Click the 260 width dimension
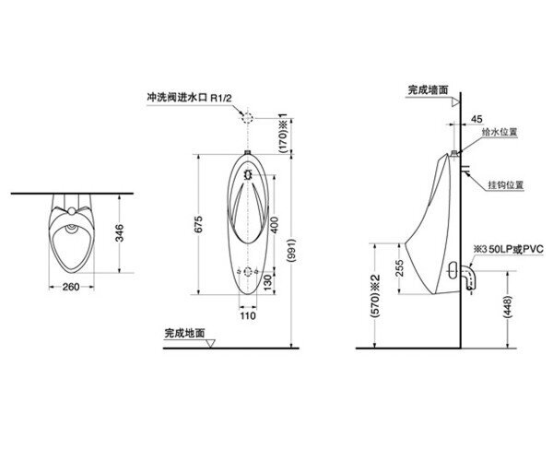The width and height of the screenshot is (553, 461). coord(71,287)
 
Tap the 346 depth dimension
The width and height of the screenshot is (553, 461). coord(120,232)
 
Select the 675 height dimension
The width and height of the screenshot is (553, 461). coord(198,224)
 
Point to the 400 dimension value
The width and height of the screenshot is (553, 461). coord(275,225)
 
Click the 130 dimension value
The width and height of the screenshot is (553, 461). coord(268,283)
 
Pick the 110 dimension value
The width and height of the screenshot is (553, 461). coord(248,315)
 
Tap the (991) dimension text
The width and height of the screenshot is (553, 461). coord(291,251)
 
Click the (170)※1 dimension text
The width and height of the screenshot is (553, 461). coord(284,134)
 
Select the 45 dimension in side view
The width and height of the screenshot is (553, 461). coord(477,119)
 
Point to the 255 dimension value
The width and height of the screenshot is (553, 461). coord(399,268)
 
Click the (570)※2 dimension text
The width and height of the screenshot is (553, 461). coord(376,295)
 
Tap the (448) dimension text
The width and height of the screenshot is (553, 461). coord(508,307)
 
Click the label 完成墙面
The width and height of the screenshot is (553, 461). coord(429,90)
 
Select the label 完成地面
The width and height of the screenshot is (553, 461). coord(185,333)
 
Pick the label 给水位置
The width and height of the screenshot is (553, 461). coord(500,132)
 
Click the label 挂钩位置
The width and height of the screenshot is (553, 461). coord(506,184)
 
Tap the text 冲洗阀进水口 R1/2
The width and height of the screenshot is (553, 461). coord(189,98)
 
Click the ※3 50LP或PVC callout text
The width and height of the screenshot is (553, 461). coord(508,249)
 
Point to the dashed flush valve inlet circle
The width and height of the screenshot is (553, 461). coord(248,118)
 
